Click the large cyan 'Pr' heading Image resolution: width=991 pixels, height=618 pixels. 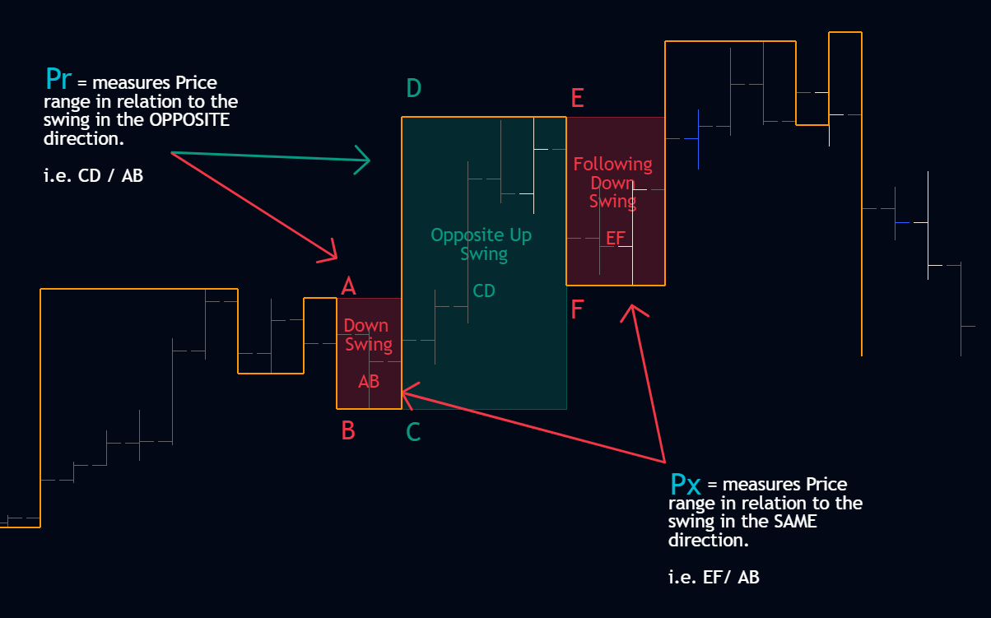58,80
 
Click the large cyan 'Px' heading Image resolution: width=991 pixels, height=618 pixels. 686,485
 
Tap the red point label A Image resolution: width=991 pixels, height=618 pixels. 348,286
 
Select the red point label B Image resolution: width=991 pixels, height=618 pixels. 348,430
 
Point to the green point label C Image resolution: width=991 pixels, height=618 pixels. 413,432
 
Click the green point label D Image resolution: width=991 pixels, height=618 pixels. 414,88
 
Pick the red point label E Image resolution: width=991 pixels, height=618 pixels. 577,98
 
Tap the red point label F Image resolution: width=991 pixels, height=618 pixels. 577,309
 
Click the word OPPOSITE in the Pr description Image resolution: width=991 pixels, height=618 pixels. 189,120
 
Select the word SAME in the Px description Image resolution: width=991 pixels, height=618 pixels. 795,522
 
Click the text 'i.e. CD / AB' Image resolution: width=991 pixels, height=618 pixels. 93,176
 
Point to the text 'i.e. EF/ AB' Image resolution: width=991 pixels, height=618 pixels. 714,578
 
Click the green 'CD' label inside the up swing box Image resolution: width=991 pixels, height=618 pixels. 483,291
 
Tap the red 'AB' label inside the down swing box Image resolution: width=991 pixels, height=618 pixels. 369,381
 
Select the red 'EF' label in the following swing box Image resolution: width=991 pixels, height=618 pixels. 616,239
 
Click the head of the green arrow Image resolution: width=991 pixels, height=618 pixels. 365,160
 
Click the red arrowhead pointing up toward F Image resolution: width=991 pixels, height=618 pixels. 634,311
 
